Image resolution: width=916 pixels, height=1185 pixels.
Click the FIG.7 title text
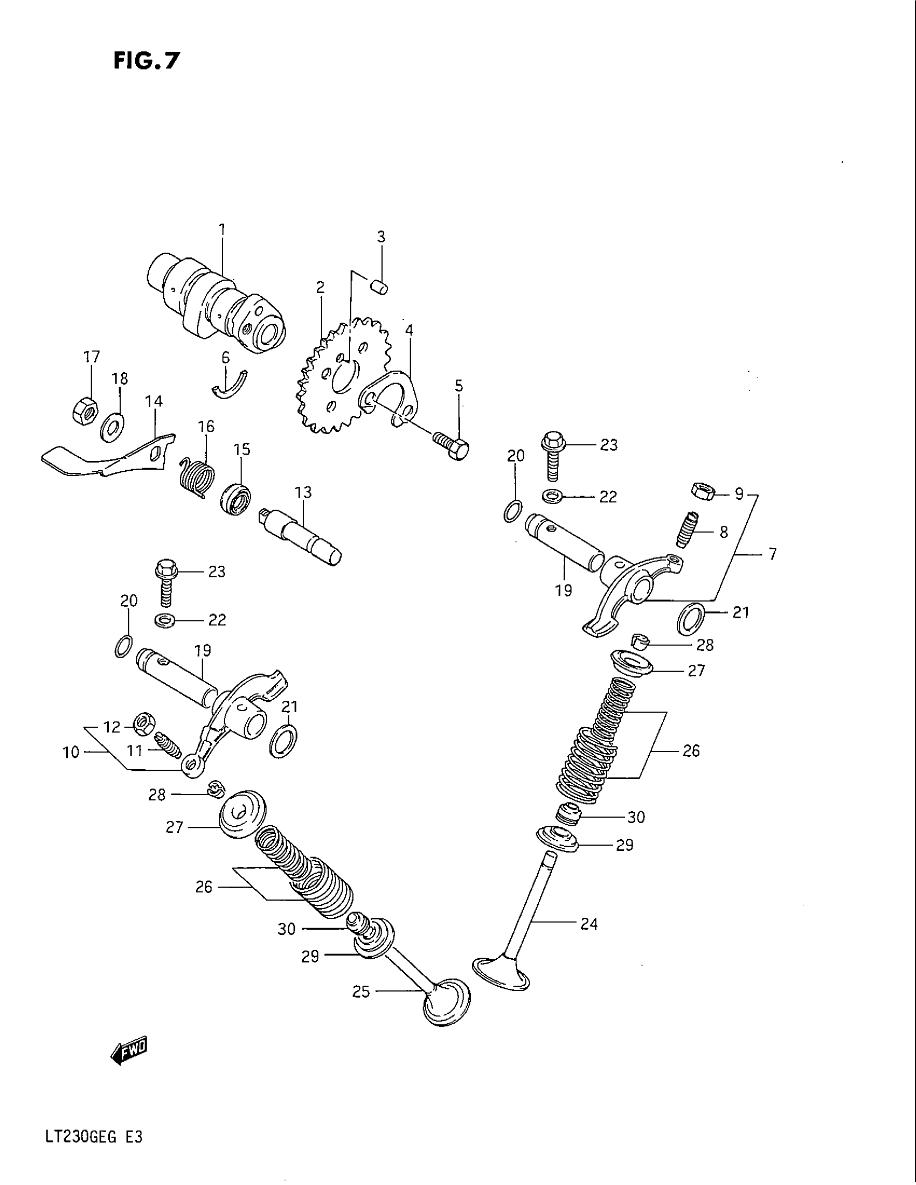[146, 61]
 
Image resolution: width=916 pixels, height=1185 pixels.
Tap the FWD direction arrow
[129, 1052]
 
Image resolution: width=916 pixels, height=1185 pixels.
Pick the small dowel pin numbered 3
[382, 285]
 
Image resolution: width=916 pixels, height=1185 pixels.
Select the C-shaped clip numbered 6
[229, 384]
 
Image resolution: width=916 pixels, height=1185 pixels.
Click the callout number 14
[154, 401]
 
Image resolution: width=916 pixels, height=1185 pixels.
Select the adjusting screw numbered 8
[686, 529]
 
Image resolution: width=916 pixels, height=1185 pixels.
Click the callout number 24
[588, 923]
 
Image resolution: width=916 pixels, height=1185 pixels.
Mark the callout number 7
[772, 554]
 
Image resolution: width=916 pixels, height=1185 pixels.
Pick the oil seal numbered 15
[237, 498]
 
